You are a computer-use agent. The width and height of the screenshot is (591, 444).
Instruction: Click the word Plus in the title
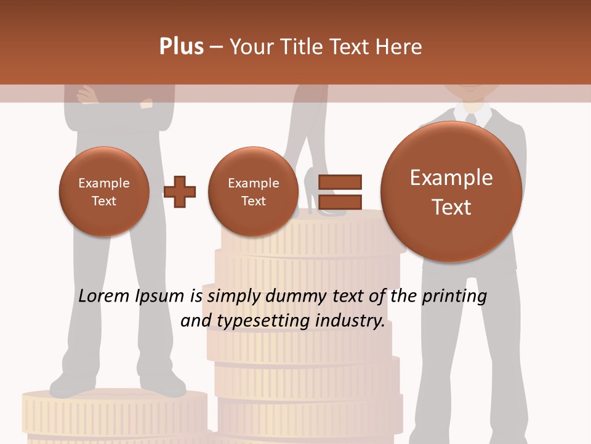coord(181,47)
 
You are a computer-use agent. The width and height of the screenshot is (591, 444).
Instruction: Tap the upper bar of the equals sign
coord(340,182)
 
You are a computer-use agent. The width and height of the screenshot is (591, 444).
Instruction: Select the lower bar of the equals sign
coord(340,201)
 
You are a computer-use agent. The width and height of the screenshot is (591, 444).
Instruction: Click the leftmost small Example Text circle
coord(104,191)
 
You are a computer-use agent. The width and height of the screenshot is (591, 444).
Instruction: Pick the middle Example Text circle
coord(253,191)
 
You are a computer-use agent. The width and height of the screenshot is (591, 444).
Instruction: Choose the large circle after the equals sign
coord(451,192)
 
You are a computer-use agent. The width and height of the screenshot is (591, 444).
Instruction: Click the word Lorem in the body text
coord(103,296)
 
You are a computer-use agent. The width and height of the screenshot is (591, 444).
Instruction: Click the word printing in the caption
coord(454,297)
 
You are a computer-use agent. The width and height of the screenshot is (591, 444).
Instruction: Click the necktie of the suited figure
coord(471,119)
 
